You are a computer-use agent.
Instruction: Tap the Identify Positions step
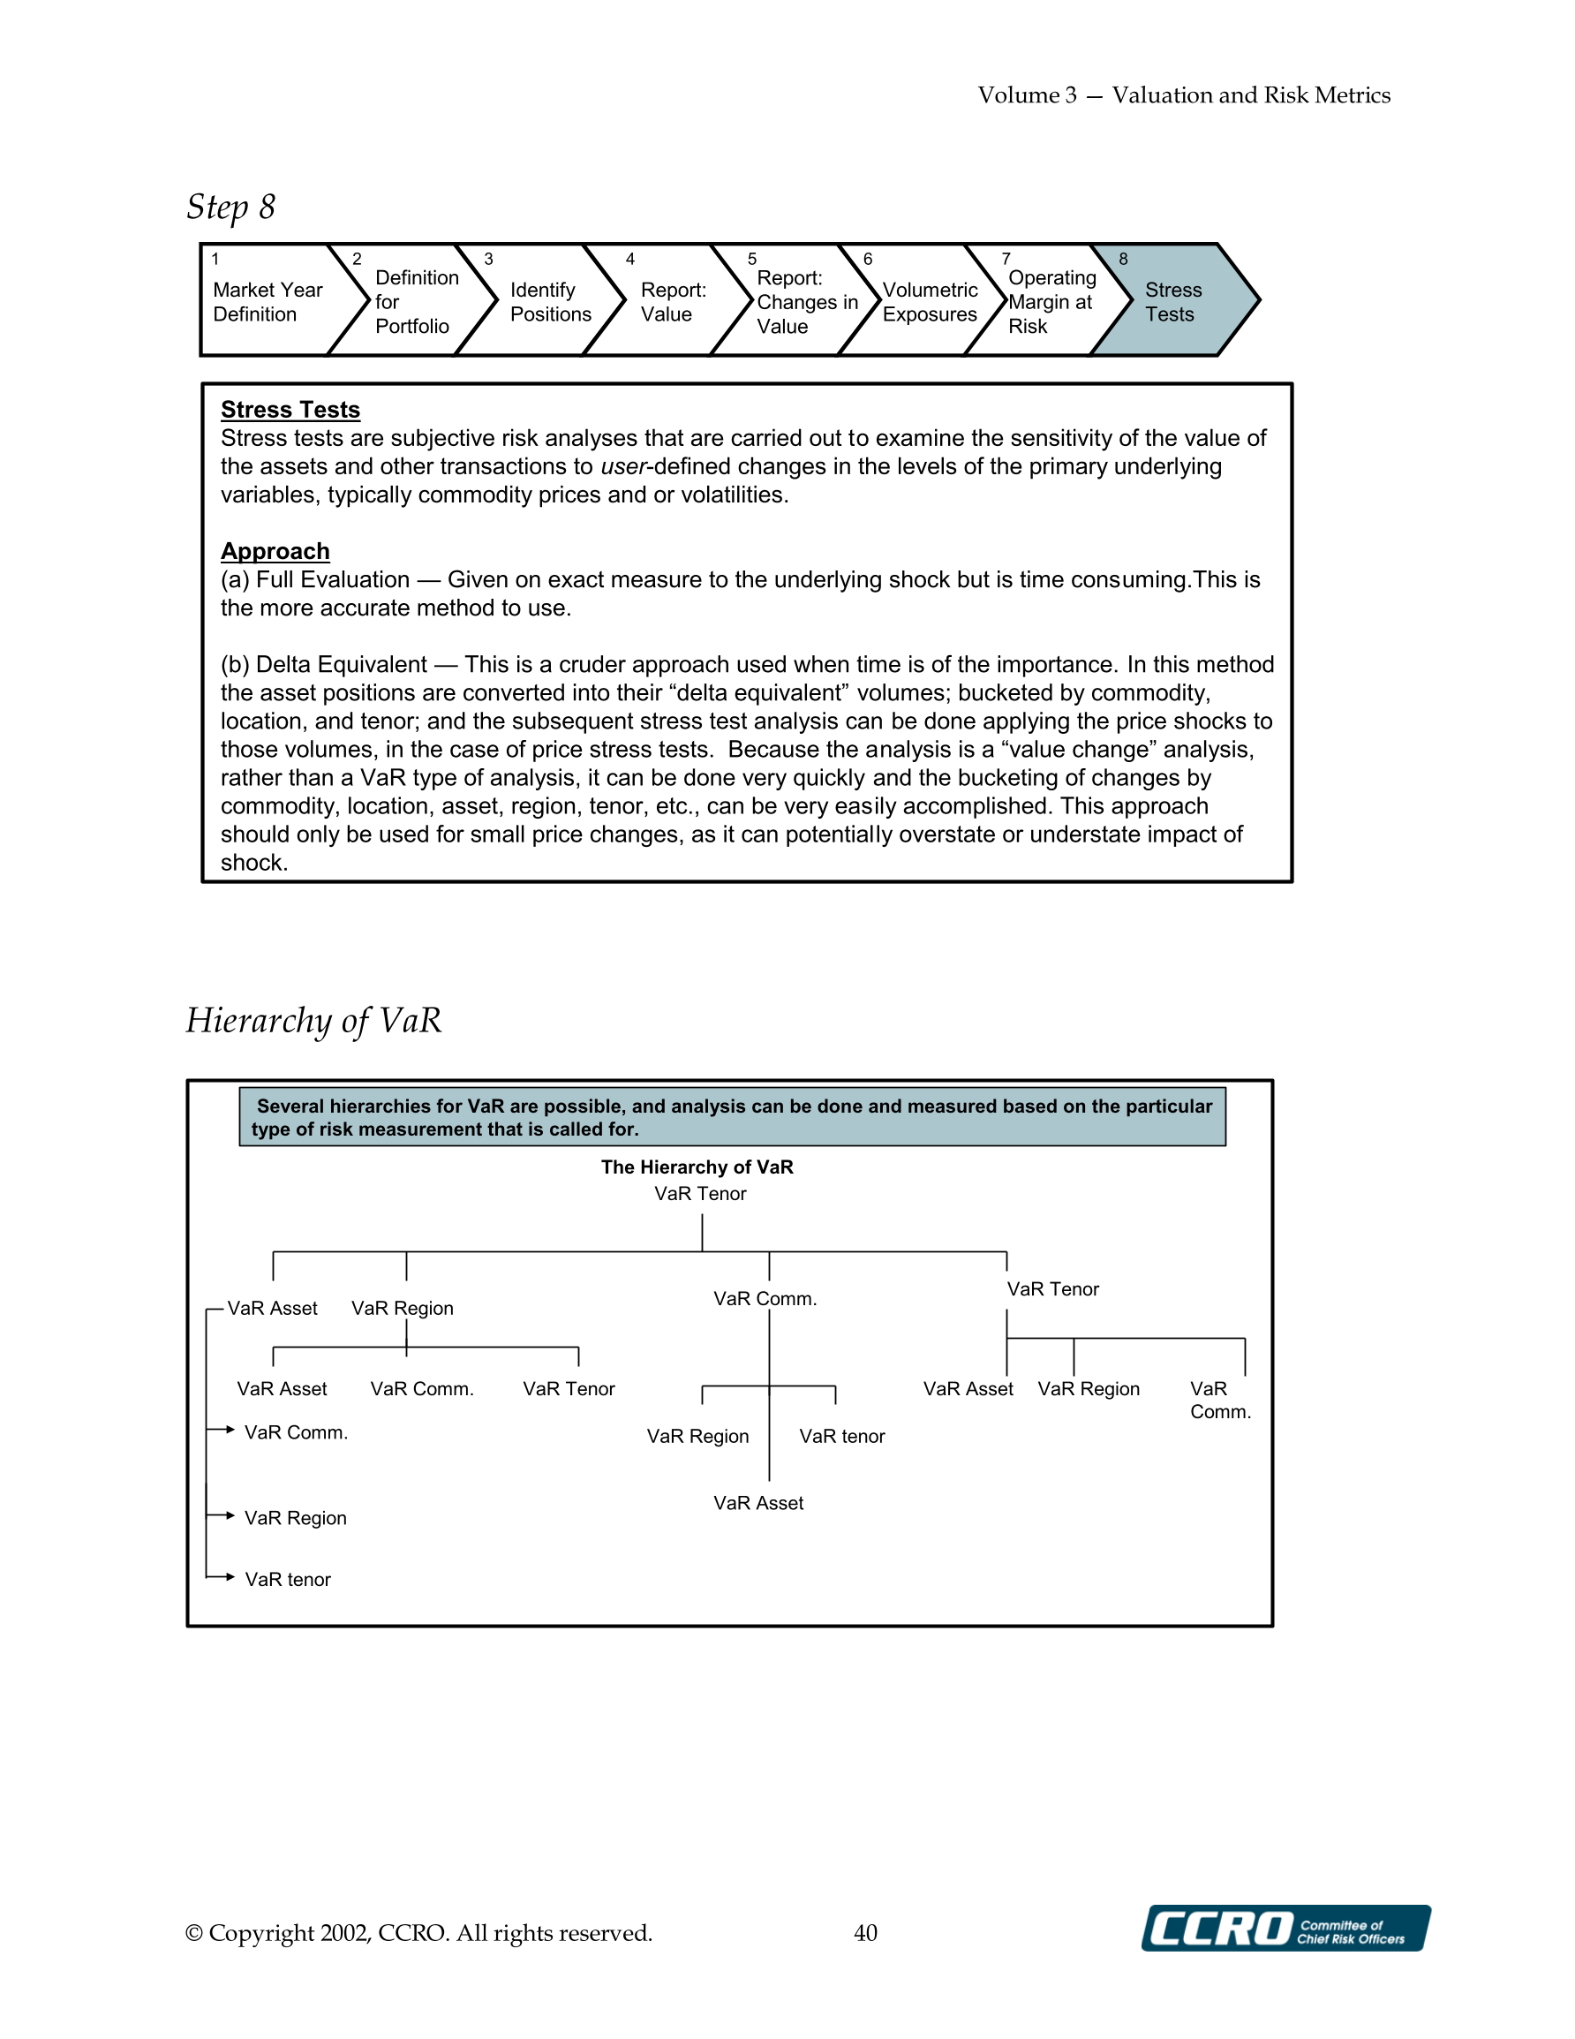coord(550,301)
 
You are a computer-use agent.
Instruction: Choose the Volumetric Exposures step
coord(929,301)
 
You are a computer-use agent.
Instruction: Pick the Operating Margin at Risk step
coord(1051,301)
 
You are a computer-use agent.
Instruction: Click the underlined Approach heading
coord(275,551)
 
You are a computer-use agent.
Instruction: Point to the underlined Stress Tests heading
coord(290,410)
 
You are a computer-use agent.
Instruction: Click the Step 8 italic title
coord(230,207)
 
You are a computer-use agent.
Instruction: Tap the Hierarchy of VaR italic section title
coord(313,1021)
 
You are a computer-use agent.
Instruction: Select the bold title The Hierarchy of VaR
coord(697,1167)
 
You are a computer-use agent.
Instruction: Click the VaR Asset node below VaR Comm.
coord(758,1503)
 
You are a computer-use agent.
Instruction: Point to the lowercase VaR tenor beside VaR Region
coord(841,1436)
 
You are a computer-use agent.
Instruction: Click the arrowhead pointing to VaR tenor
coord(230,1577)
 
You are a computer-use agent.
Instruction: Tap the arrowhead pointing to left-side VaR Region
coord(230,1515)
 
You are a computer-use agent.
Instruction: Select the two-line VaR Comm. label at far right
coord(1219,1401)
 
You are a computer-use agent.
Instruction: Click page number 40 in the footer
coord(865,1932)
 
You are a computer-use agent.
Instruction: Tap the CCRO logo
coord(1285,1928)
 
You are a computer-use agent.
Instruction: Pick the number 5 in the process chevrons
coord(751,259)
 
